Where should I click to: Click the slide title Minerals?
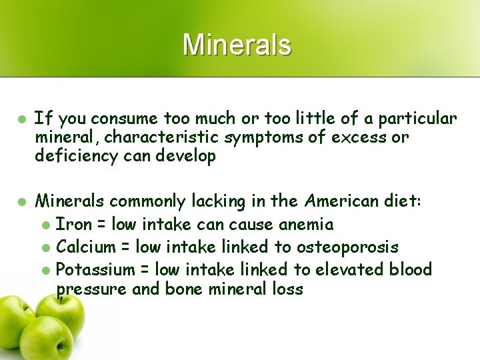click(237, 45)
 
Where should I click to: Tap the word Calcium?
click(86, 247)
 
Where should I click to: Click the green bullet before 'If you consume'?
click(21, 119)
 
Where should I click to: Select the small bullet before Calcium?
click(45, 248)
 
